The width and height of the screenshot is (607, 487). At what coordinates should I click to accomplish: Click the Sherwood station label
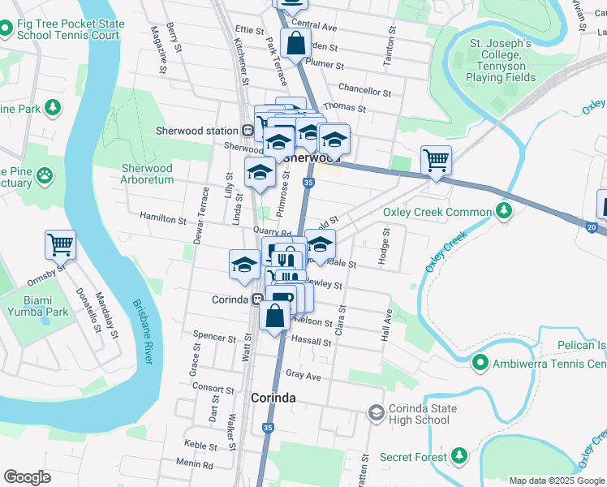point(197,131)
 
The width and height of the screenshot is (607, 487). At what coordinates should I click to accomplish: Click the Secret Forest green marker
point(459,457)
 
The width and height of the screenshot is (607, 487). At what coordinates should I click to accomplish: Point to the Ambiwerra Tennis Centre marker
point(481,364)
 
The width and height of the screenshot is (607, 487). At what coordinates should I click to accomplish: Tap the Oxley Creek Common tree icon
point(505,212)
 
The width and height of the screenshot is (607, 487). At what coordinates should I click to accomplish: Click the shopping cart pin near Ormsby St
point(61,243)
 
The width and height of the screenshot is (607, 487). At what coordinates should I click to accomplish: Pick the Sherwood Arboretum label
point(148,174)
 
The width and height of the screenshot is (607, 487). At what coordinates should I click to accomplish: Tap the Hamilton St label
point(163,219)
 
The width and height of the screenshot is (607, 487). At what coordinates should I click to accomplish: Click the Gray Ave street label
point(303,376)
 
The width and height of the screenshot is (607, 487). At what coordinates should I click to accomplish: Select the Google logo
point(27,477)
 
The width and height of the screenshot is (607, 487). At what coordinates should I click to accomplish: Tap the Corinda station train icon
point(257,299)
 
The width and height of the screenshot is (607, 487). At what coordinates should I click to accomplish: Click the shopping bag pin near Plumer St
point(295,43)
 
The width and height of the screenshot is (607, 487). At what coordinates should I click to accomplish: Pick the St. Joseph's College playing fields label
point(501,60)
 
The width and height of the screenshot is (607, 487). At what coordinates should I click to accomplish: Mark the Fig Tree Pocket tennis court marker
point(6,29)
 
